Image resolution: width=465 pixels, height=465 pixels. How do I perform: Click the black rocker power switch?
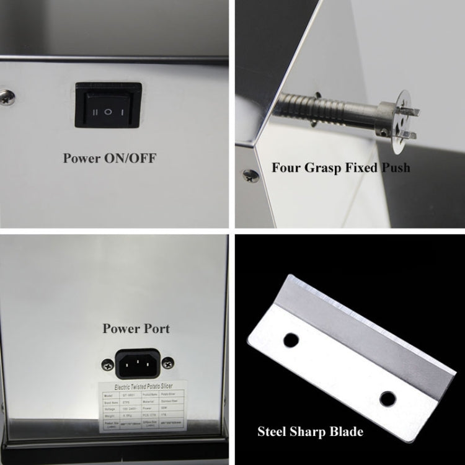point(108,105)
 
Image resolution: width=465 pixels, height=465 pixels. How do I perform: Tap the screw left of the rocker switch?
point(8,97)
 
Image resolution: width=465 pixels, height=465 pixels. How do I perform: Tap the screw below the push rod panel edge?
point(250,175)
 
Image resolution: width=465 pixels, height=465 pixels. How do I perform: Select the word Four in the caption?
point(286,167)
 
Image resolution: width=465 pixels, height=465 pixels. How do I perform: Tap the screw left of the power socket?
point(107,366)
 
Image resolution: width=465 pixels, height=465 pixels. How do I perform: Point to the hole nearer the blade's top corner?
point(291,340)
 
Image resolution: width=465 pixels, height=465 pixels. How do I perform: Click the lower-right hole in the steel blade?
point(387,398)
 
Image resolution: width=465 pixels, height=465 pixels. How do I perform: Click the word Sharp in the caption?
point(302,432)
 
